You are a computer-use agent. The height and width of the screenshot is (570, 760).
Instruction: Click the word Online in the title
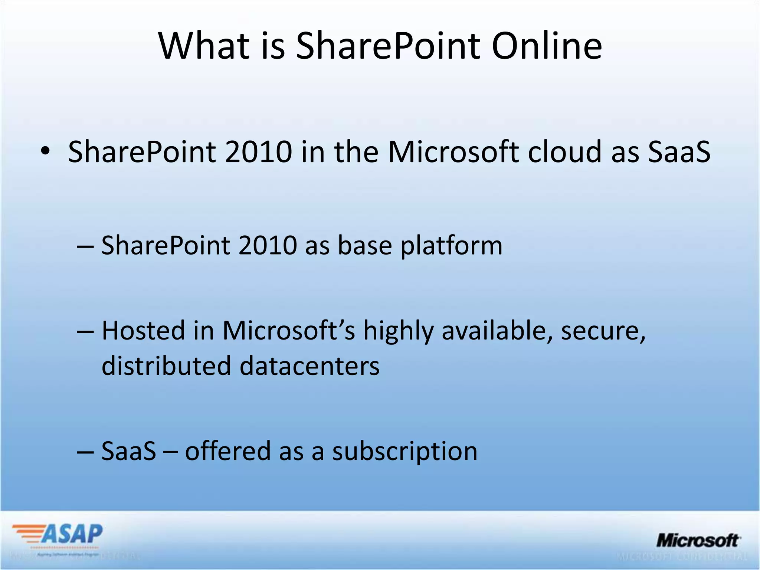pyautogui.click(x=547, y=46)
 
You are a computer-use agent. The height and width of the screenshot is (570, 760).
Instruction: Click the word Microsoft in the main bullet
pyautogui.click(x=453, y=152)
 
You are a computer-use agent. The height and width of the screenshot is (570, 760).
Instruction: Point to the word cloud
pyautogui.click(x=565, y=152)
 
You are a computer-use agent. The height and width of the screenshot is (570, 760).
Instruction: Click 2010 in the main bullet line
pyautogui.click(x=258, y=152)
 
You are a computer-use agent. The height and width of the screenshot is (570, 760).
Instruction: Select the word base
pyautogui.click(x=365, y=246)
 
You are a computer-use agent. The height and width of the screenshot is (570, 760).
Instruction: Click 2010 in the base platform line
pyautogui.click(x=267, y=246)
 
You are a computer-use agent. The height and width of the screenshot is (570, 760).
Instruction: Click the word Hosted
pyautogui.click(x=143, y=330)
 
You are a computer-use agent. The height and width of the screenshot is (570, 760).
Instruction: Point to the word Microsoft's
pyautogui.click(x=288, y=330)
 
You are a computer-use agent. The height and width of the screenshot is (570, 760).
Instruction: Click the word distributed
pyautogui.click(x=166, y=366)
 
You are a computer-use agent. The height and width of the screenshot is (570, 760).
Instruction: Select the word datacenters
pyautogui.click(x=309, y=366)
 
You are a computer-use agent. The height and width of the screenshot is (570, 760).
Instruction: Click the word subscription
pyautogui.click(x=404, y=452)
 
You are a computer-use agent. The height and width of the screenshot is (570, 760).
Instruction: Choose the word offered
pyautogui.click(x=227, y=451)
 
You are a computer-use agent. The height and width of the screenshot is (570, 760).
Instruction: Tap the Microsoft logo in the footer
pyautogui.click(x=698, y=541)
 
